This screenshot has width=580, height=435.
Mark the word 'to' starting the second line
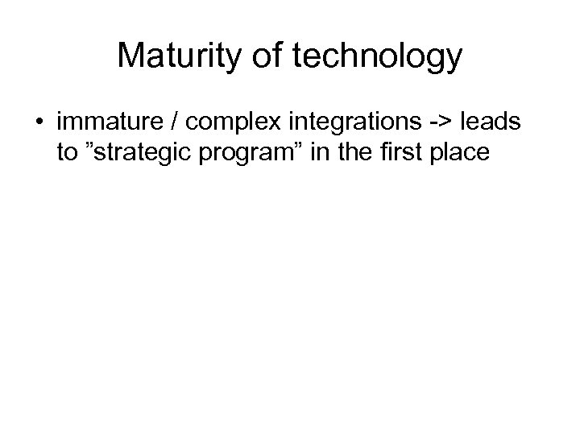[68, 153]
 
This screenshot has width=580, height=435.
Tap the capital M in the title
[131, 56]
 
